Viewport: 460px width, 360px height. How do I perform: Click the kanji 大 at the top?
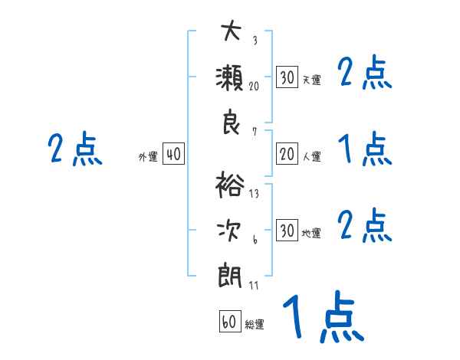pyautogui.click(x=231, y=32)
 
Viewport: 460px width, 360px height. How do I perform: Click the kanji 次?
pyautogui.click(x=231, y=230)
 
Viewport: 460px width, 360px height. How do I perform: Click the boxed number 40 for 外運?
pyautogui.click(x=173, y=155)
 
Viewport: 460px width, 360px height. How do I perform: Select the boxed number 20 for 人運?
pyautogui.click(x=287, y=155)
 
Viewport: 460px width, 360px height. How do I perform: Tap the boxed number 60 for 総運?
pyautogui.click(x=229, y=322)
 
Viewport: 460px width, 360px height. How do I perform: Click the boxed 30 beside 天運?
pyautogui.click(x=287, y=77)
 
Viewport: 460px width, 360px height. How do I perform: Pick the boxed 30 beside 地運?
pyautogui.click(x=287, y=230)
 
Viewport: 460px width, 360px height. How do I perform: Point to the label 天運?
pyautogui.click(x=311, y=80)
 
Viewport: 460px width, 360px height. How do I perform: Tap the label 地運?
pyautogui.click(x=311, y=233)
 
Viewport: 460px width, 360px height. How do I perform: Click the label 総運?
pyautogui.click(x=255, y=324)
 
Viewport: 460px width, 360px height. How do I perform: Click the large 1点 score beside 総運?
pyautogui.click(x=322, y=317)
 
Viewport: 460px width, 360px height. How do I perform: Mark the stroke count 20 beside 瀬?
pyautogui.click(x=253, y=86)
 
